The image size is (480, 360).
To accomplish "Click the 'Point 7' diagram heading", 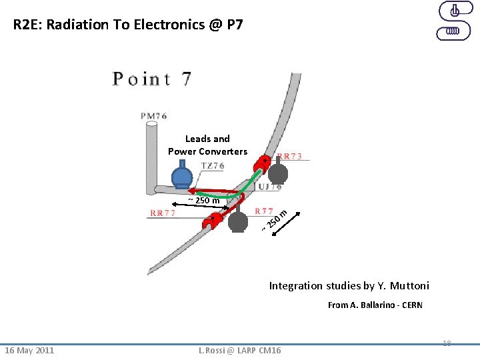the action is (x=152, y=79).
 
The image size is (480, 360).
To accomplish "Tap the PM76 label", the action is (x=153, y=115).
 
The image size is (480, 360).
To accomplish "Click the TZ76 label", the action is (x=212, y=165).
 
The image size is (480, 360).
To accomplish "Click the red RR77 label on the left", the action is (x=163, y=213).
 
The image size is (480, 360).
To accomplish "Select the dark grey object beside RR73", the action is (x=278, y=173).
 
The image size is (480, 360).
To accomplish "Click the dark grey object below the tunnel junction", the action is (x=238, y=221).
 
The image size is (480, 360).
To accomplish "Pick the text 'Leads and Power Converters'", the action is (x=207, y=145).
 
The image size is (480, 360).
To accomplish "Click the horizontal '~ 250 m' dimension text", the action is (x=204, y=200).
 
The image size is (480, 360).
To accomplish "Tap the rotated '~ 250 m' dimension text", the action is (x=274, y=221).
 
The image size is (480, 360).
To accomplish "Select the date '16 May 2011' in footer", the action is (x=29, y=351).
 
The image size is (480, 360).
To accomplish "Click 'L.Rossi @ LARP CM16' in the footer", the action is (x=240, y=351).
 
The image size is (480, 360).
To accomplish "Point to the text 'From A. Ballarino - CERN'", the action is (x=375, y=305).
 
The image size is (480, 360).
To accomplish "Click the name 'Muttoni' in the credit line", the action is (x=409, y=286).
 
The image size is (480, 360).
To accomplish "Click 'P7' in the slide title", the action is (x=235, y=25).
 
